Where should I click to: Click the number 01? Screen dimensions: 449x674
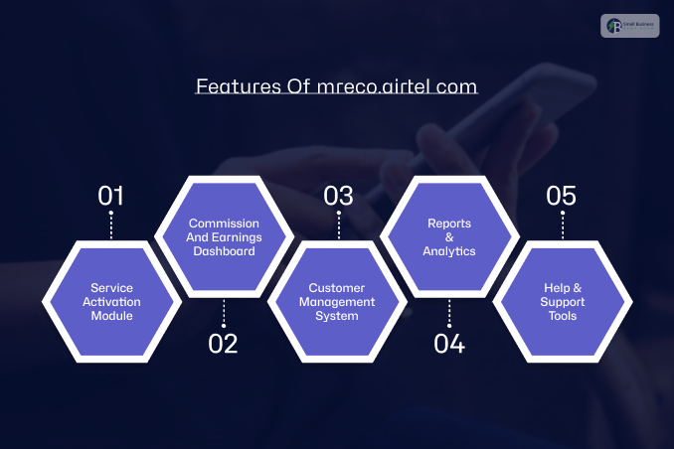[110, 195]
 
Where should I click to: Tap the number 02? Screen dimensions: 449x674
[224, 344]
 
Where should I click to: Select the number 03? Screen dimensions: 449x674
[338, 195]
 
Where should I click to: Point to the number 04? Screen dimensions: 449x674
[449, 344]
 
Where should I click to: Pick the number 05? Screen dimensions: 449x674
[562, 195]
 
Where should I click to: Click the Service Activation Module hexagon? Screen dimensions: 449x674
[110, 302]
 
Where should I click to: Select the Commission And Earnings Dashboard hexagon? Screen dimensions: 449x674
[224, 237]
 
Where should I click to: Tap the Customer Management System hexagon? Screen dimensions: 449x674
[338, 302]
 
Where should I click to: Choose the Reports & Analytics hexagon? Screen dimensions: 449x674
[449, 237]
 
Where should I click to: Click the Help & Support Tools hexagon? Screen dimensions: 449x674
[562, 302]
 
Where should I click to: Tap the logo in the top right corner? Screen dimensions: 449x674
[629, 25]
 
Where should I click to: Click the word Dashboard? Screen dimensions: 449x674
[224, 251]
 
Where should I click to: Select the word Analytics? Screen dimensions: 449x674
[449, 251]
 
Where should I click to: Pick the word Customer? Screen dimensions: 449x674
[338, 288]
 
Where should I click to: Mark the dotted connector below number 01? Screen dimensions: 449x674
[110, 224]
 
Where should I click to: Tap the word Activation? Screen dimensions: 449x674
[110, 302]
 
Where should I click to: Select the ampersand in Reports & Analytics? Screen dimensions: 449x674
[449, 237]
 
